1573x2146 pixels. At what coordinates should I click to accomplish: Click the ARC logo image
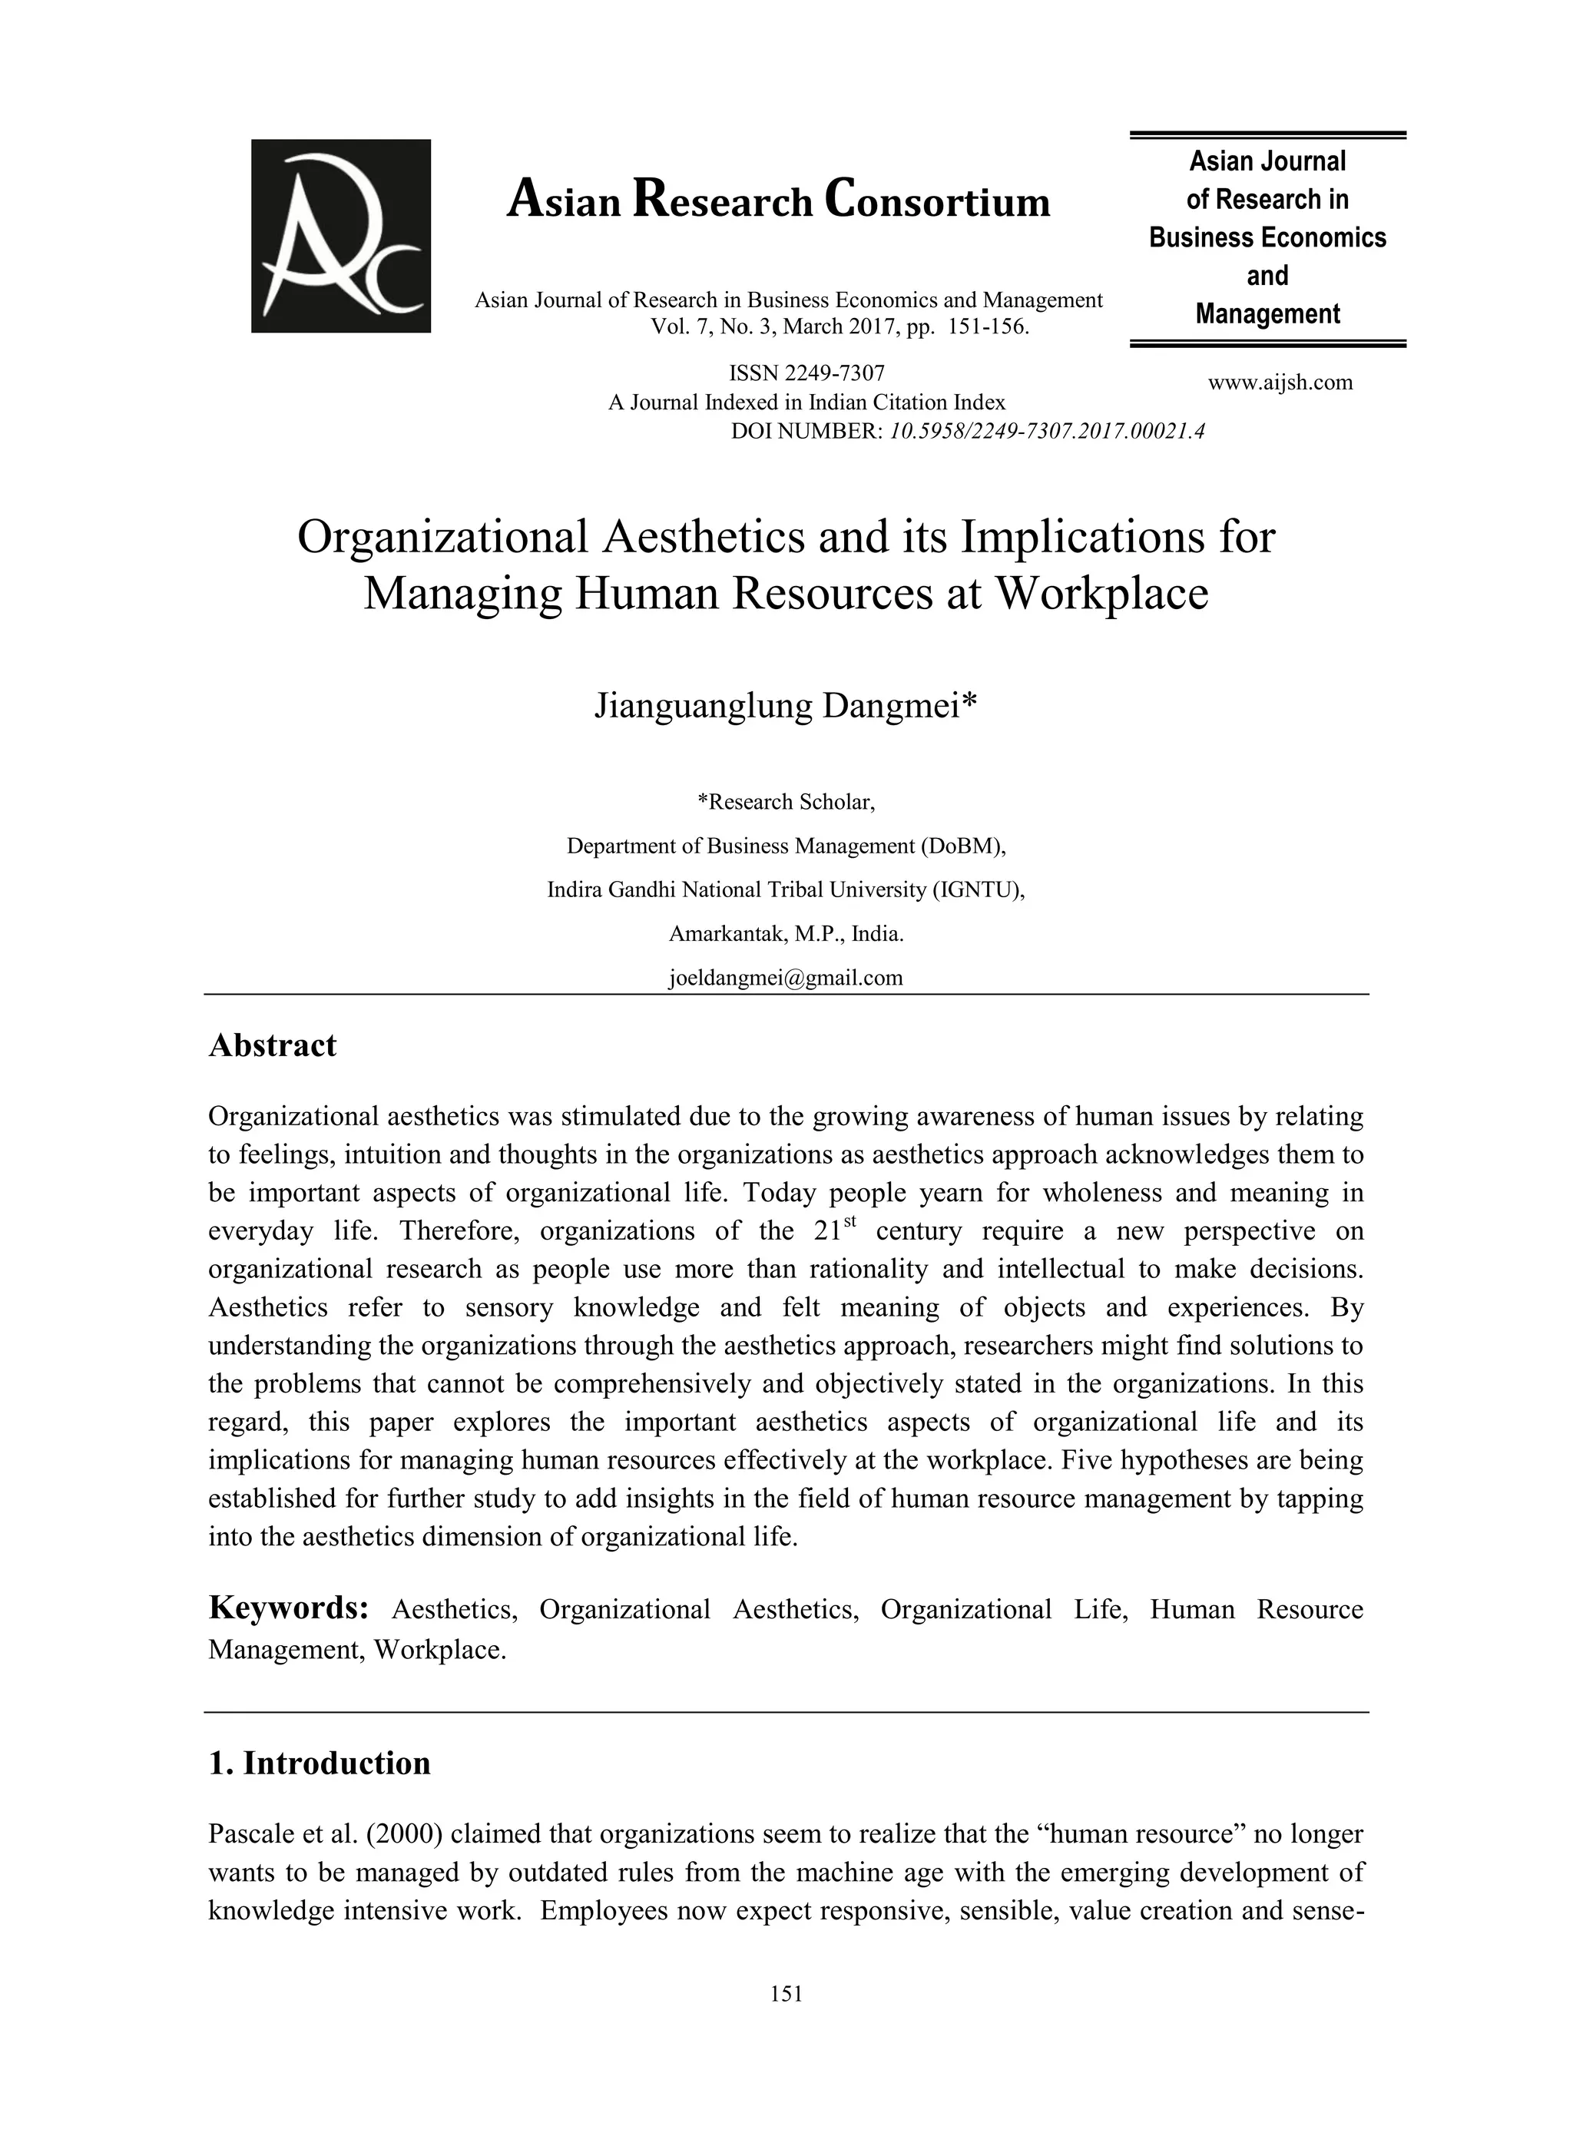pos(340,236)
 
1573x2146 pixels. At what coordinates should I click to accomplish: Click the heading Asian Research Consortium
pos(778,201)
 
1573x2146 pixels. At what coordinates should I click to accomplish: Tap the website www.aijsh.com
pos(1280,383)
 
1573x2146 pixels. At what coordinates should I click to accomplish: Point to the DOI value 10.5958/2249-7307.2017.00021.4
pos(1046,432)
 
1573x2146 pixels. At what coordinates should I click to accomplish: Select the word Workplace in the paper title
pos(1101,593)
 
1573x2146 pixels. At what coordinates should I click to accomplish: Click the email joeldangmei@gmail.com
pos(786,978)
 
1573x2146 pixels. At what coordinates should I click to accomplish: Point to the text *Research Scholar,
pos(786,802)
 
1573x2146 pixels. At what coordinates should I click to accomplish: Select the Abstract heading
pos(273,1045)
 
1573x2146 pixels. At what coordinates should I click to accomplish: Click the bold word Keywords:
pos(289,1608)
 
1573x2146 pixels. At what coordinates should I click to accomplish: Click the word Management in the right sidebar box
pos(1267,314)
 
